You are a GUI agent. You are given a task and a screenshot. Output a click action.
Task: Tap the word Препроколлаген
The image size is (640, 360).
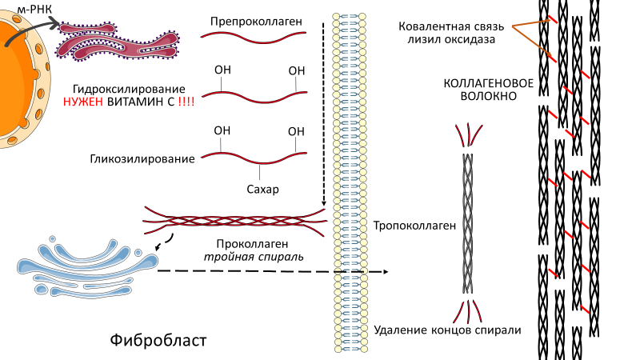(257, 19)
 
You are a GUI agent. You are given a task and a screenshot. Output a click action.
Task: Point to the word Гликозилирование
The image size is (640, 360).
(142, 158)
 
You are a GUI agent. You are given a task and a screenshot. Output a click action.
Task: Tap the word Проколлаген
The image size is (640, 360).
(248, 242)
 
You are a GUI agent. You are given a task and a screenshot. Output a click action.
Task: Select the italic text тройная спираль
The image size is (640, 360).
(249, 257)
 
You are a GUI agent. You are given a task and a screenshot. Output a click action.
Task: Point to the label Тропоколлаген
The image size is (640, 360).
(414, 226)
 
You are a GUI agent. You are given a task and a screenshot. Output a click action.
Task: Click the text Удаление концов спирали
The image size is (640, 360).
(447, 330)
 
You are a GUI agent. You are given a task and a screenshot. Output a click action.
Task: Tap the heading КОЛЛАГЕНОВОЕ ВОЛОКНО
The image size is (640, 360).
(478, 89)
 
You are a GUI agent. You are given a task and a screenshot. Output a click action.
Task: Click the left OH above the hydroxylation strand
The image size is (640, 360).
(223, 70)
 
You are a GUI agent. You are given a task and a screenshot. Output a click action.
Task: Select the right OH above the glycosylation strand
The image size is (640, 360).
(296, 131)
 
